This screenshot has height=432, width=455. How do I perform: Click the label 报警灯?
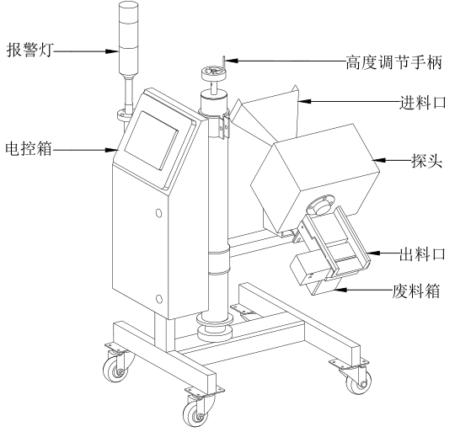pyautogui.click(x=29, y=50)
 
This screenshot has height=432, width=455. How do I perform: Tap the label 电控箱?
pyautogui.click(x=29, y=149)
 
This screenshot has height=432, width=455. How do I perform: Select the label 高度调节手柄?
pyautogui.click(x=393, y=62)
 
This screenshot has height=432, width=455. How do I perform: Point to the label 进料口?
pyautogui.click(x=423, y=103)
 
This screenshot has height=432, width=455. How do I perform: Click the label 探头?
pyautogui.click(x=427, y=160)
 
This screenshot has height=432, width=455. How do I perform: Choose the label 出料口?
pyautogui.click(x=422, y=254)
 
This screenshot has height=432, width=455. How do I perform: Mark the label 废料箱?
pyautogui.click(x=416, y=291)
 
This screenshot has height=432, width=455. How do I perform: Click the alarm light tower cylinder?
pyautogui.click(x=128, y=38)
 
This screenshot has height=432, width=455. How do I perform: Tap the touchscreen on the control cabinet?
pyautogui.click(x=151, y=141)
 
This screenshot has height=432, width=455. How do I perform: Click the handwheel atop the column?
pyautogui.click(x=214, y=72)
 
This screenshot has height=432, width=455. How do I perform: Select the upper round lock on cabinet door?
pyautogui.click(x=158, y=213)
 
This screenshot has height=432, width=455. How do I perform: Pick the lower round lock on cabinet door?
pyautogui.click(x=158, y=299)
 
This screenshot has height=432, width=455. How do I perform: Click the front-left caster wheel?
pyautogui.click(x=115, y=369)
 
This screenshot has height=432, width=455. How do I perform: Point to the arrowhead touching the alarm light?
pyautogui.click(x=113, y=51)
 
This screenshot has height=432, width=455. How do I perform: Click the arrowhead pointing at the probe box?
pyautogui.click(x=379, y=160)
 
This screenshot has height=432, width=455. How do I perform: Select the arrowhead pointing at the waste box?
pyautogui.click(x=340, y=290)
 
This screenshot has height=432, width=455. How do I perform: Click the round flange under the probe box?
pyautogui.click(x=321, y=204)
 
